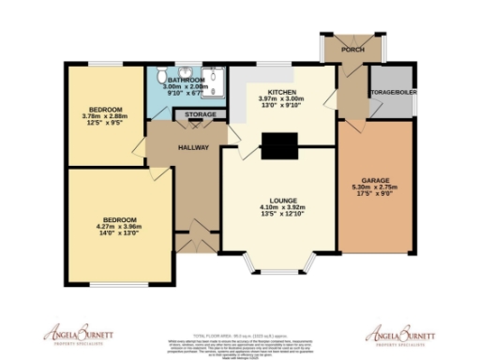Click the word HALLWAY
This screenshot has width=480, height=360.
(193, 148)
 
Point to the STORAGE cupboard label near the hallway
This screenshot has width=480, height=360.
(200, 115)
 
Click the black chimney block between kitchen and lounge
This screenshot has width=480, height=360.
(277, 145)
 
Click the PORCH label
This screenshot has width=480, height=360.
(352, 49)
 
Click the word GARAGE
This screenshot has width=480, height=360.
(375, 180)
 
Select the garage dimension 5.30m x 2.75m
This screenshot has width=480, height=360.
(375, 187)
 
